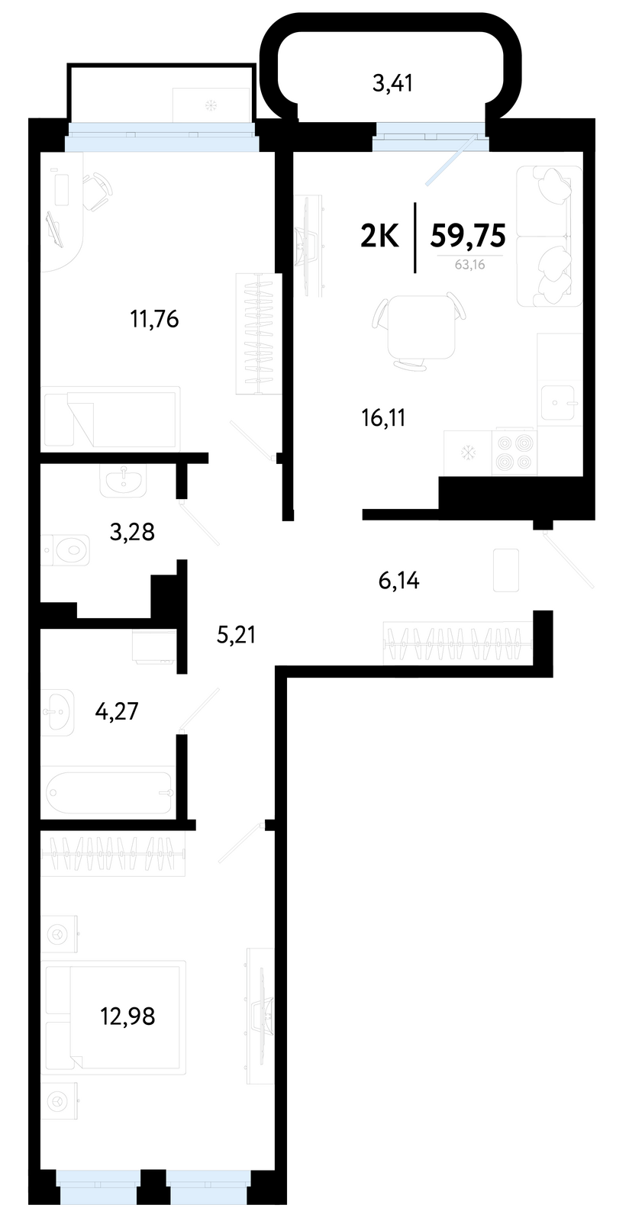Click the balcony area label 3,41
(392, 84)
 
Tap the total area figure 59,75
(468, 235)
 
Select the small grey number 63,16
(470, 266)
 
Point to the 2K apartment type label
(380, 236)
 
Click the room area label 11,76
(154, 318)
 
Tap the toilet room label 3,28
(132, 531)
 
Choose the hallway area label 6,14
(399, 581)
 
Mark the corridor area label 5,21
(236, 634)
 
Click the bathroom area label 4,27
(117, 710)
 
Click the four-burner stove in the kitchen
(514, 453)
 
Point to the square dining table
(421, 327)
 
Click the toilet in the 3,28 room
(66, 549)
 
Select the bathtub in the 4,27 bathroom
(110, 793)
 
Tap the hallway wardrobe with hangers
(459, 643)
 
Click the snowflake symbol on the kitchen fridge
(467, 453)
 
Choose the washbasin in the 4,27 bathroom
(58, 711)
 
